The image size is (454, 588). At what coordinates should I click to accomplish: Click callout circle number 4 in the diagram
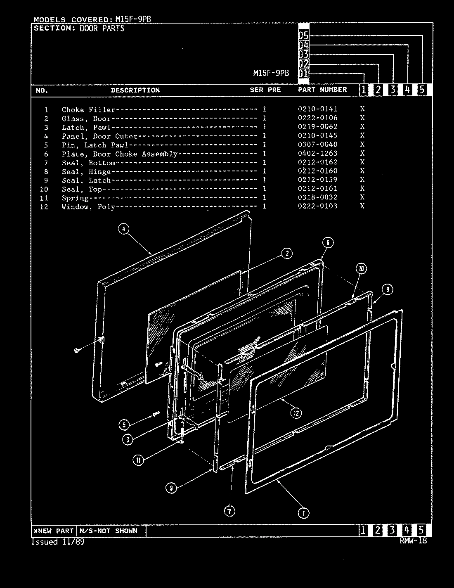click(x=124, y=229)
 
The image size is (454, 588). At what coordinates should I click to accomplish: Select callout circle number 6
click(x=327, y=242)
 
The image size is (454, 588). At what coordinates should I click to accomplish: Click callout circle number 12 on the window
click(x=296, y=413)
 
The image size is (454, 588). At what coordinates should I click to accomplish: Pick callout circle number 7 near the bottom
click(x=229, y=512)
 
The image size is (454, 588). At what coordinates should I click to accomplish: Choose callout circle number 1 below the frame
click(x=303, y=513)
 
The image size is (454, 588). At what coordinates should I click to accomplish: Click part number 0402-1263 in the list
click(x=317, y=153)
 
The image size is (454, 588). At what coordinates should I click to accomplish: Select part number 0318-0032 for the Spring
click(x=317, y=197)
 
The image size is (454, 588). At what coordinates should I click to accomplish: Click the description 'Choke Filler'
click(x=88, y=110)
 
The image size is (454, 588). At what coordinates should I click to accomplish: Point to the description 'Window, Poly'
click(x=88, y=207)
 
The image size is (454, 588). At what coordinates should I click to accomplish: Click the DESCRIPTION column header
click(x=135, y=90)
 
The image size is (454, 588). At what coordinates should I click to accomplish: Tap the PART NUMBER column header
click(x=322, y=90)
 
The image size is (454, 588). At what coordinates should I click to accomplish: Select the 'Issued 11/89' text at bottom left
click(x=58, y=542)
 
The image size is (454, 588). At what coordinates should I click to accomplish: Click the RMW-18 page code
click(x=413, y=541)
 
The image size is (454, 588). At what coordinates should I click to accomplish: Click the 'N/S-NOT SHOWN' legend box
click(x=111, y=531)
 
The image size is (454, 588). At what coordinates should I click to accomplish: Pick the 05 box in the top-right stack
click(x=303, y=35)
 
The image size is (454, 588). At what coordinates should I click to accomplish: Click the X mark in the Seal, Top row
click(x=362, y=189)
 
